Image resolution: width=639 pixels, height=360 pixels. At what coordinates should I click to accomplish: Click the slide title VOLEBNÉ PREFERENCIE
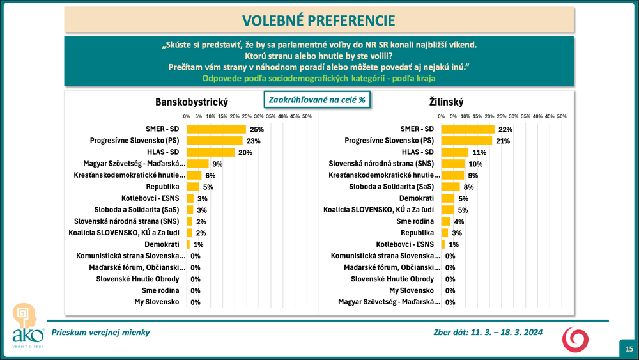pos(319,20)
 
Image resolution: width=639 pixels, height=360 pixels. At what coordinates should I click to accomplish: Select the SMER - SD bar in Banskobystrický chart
pos(216,129)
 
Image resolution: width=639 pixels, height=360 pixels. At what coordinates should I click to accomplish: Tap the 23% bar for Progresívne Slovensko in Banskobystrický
pos(214,140)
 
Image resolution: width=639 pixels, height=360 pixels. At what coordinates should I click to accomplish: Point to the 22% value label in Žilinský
pos(505,129)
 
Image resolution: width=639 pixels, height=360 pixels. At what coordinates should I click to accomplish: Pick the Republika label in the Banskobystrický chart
pos(169,187)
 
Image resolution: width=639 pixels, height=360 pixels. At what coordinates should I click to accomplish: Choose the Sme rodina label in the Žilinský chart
pos(419,221)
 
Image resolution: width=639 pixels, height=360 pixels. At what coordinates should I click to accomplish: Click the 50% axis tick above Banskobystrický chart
pos(307,116)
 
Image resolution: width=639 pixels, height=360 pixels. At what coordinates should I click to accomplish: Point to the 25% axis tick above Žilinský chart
pos(502,116)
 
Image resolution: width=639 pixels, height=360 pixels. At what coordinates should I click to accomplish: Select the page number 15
pos(629,348)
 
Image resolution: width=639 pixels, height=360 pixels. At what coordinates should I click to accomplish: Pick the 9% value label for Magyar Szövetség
pos(217,164)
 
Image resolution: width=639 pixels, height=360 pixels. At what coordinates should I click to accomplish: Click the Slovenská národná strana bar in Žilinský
pos(453,164)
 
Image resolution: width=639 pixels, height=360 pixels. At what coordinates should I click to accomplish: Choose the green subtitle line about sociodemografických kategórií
pos(319,78)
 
